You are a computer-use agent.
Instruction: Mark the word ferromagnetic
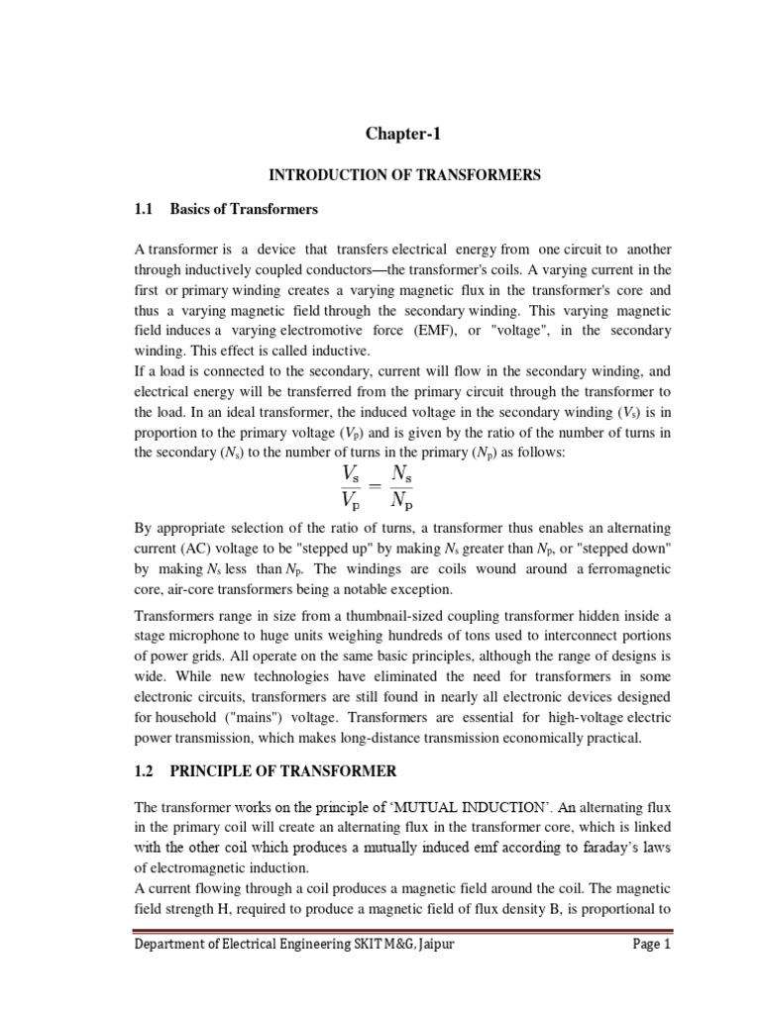pos(618,569)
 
